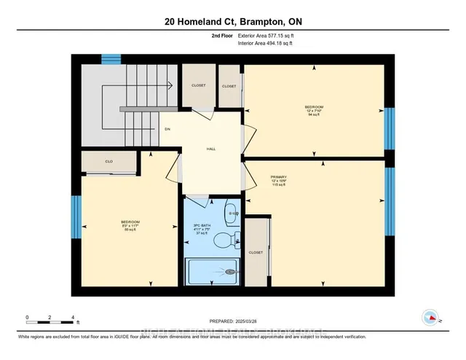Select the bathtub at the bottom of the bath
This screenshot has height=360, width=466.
coord(213,273)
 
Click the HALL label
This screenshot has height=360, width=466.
coord(211,149)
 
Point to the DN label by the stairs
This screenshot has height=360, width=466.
coord(167,130)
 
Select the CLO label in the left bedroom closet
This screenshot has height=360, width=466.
coord(108,162)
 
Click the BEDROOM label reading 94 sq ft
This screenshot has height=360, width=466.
coord(314,110)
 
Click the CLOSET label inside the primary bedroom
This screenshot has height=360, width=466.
coord(256,253)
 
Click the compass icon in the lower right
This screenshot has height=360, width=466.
coord(430,317)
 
